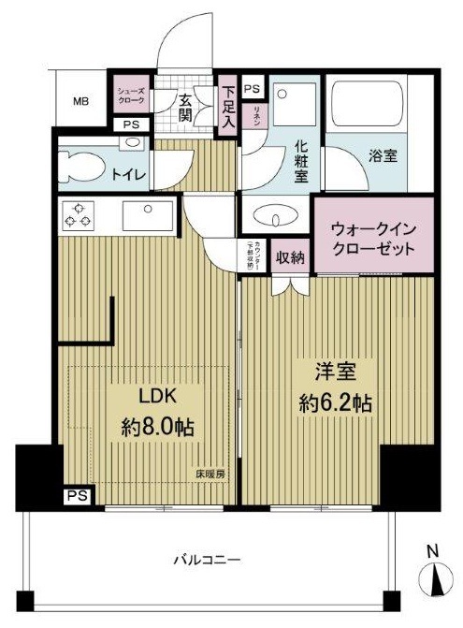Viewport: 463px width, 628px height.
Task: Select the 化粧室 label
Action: [301, 161]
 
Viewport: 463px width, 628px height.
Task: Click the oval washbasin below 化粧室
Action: [272, 216]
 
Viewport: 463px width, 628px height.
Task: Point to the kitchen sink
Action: [146, 216]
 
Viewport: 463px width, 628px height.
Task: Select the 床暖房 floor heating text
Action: [210, 473]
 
